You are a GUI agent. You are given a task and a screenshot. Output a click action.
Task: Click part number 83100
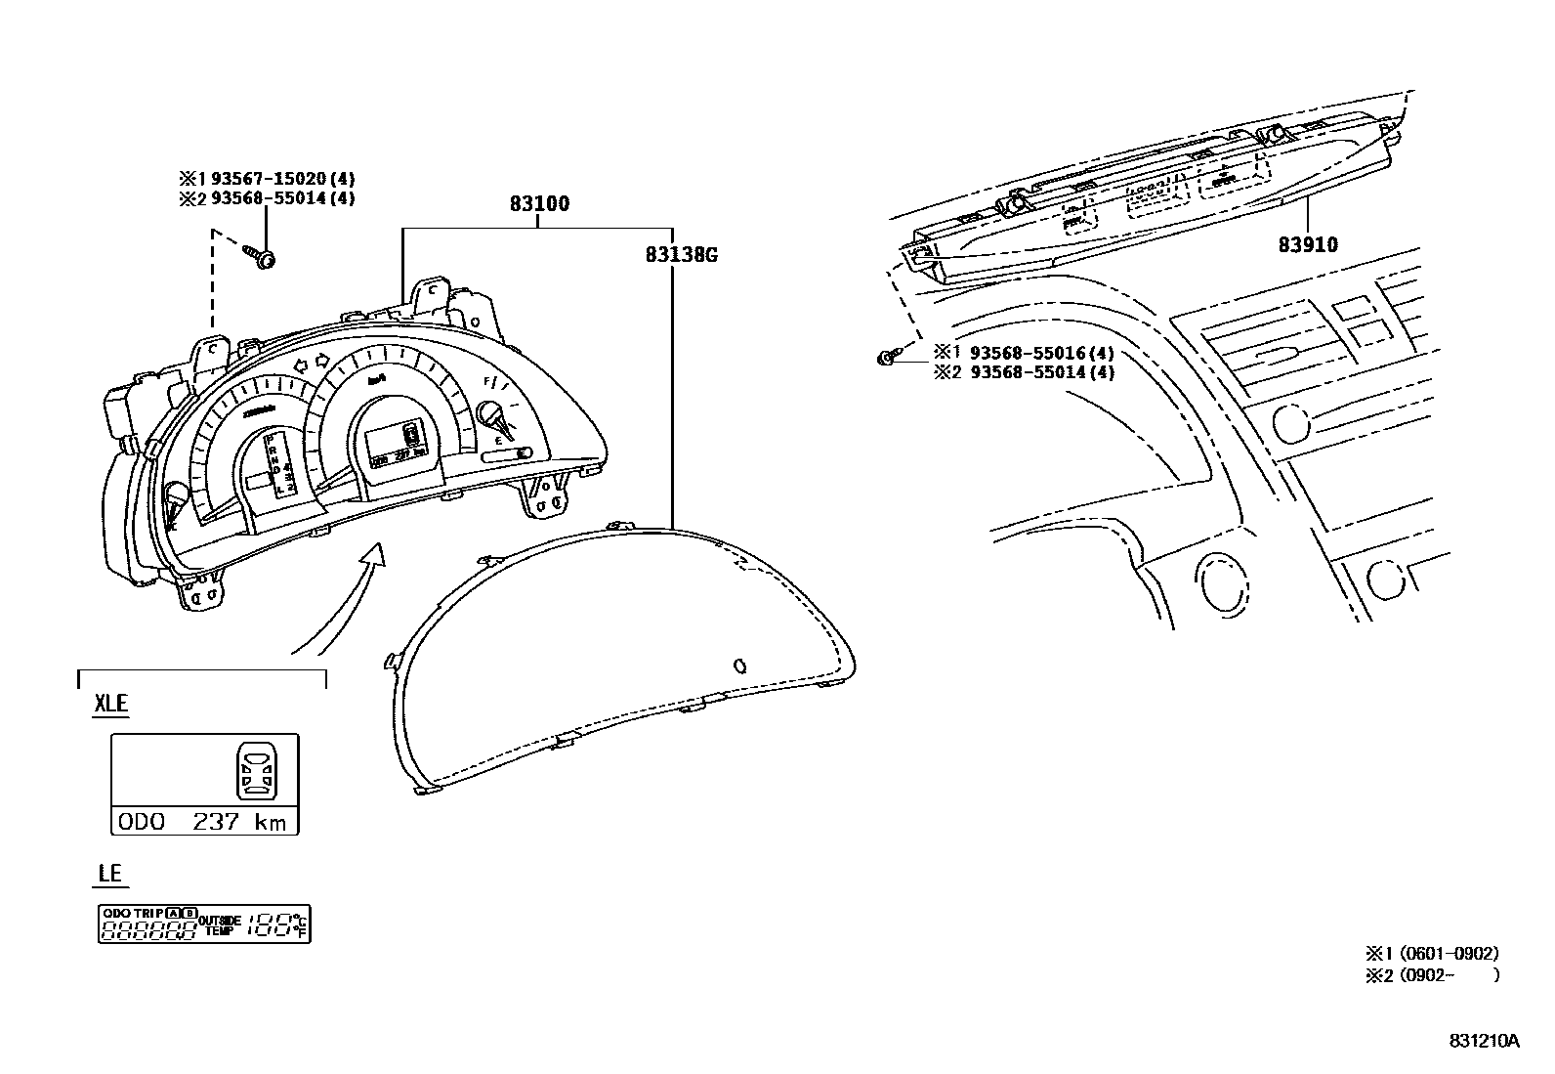tap(538, 204)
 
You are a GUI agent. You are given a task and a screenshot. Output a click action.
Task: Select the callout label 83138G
tap(682, 255)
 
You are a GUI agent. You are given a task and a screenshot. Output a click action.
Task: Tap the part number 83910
tap(1308, 244)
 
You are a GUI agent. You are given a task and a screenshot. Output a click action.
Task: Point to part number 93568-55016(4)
tap(1041, 353)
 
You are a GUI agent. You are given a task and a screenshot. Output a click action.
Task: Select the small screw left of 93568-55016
tap(885, 358)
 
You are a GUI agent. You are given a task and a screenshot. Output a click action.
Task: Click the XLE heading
tap(110, 704)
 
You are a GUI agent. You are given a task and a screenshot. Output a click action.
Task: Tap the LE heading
tap(109, 873)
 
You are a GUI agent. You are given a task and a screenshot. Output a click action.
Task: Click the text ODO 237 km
tap(203, 822)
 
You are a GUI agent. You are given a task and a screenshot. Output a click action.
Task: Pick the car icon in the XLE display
tap(256, 770)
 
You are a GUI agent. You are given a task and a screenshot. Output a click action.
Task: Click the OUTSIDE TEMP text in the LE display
tap(219, 925)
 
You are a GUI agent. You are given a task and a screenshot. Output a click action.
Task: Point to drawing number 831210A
tap(1484, 1042)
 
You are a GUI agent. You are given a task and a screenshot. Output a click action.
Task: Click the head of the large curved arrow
tap(372, 555)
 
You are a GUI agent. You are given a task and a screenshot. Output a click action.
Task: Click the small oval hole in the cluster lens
tap(739, 666)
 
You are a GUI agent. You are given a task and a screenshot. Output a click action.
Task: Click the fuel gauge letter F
tap(485, 382)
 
